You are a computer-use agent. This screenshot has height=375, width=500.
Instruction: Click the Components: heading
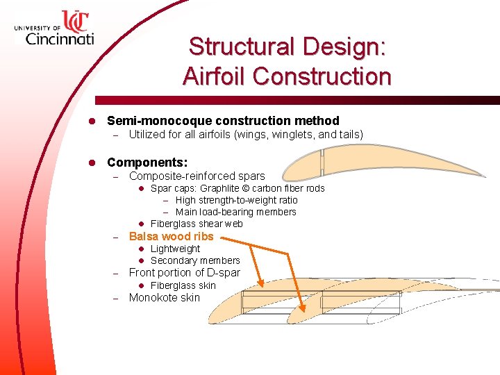147,162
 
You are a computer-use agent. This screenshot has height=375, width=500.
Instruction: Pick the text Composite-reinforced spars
197,176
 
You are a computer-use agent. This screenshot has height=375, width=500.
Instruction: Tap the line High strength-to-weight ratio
236,200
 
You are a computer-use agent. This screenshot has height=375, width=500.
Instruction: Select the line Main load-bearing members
235,212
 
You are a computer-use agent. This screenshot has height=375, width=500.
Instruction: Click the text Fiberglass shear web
197,224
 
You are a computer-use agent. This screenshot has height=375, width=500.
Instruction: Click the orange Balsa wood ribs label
171,236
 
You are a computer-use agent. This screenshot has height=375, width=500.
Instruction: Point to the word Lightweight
175,249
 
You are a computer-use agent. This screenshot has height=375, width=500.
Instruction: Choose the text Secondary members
195,260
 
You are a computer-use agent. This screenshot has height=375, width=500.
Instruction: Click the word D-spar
219,272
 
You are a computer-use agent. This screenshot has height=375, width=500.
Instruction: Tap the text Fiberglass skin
183,285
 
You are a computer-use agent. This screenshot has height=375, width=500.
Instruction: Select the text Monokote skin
164,298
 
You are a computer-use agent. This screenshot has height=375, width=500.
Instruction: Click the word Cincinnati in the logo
60,39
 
